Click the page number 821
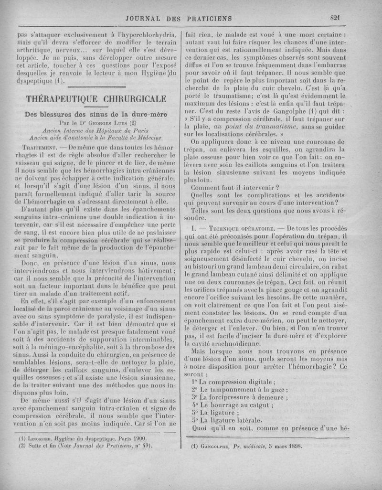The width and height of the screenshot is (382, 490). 334,19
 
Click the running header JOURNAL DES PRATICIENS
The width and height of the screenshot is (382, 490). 178,19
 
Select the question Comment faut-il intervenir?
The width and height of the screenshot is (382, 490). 234,187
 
